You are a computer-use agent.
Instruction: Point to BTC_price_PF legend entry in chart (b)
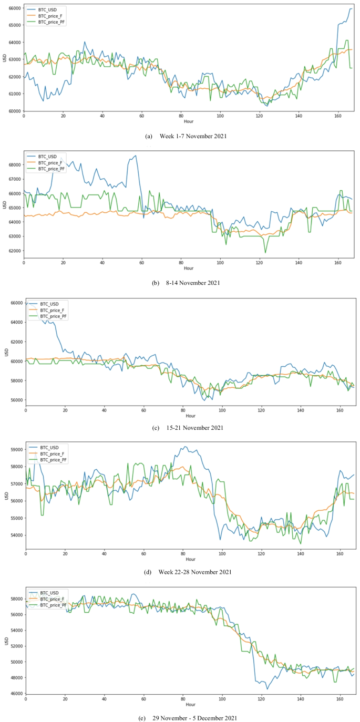point(54,169)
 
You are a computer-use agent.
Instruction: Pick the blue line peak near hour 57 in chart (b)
point(136,156)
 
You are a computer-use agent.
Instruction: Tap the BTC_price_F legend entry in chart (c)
point(54,310)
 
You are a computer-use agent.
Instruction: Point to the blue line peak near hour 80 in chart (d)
point(183,447)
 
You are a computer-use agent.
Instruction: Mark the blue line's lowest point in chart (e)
point(267,688)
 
